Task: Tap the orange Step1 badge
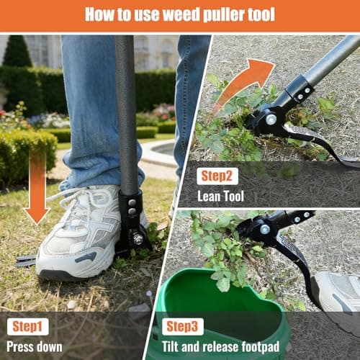[28, 325]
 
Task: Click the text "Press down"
[35, 346]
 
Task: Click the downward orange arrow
[37, 186]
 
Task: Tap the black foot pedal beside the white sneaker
[134, 230]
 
